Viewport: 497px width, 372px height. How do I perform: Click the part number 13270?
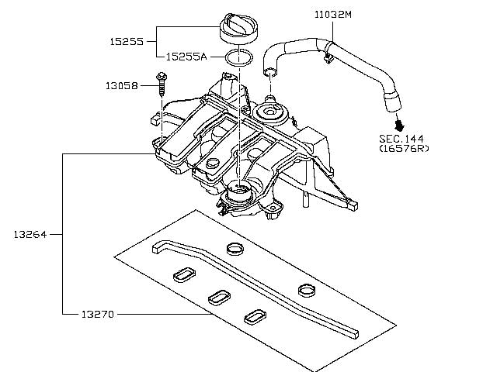click(x=98, y=314)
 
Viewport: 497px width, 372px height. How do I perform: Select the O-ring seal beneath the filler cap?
click(x=240, y=58)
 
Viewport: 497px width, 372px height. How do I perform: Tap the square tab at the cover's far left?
click(x=155, y=121)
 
